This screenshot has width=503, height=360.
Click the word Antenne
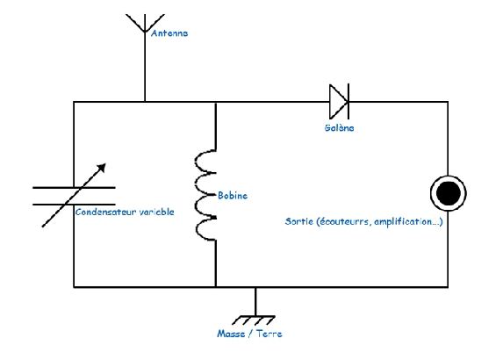(169, 33)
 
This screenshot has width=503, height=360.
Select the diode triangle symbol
(338, 102)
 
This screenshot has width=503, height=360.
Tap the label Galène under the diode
(339, 127)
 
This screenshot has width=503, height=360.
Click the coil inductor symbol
(205, 195)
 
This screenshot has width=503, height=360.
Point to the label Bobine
(233, 196)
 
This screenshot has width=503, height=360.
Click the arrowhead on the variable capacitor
(102, 168)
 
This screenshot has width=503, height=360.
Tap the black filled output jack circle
(449, 193)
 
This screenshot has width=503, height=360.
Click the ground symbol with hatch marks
(254, 320)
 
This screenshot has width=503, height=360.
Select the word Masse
(231, 334)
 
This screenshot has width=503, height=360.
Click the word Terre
(269, 334)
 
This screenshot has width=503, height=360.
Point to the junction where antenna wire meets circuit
(145, 102)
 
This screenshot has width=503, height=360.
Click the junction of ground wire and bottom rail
(255, 287)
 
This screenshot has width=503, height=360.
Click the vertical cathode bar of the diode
(349, 101)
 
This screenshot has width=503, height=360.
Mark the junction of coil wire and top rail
(216, 102)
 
